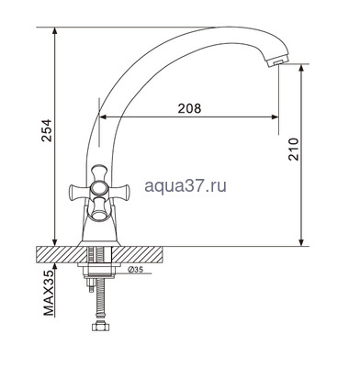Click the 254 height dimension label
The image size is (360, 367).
47,130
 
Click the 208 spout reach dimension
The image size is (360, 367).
189,108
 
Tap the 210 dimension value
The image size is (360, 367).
294,150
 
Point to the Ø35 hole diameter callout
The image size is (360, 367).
135,270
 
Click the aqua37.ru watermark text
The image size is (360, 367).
186,185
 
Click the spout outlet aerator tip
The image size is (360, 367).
276,62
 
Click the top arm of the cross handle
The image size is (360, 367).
99,172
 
